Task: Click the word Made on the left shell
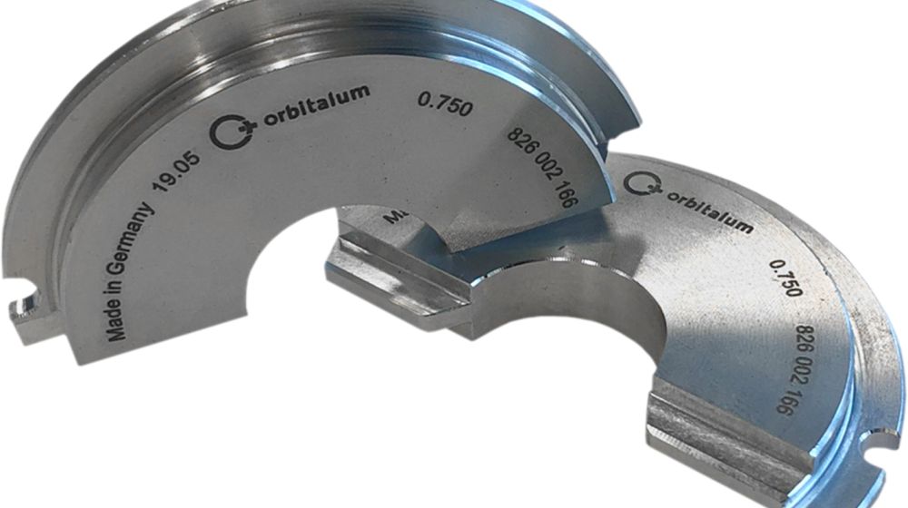click(117, 324)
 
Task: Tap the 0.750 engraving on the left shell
click(445, 104)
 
